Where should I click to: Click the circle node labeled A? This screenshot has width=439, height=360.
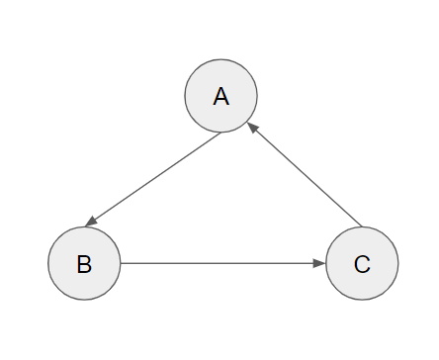[x=221, y=96]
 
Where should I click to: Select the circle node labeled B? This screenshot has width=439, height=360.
[x=84, y=264]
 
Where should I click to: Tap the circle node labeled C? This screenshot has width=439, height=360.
[x=362, y=264]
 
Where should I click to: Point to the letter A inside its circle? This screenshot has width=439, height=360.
[x=221, y=96]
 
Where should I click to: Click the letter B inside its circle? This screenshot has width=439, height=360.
[x=84, y=264]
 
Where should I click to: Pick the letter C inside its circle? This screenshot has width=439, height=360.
[x=362, y=264]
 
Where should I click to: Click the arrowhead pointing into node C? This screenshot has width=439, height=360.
[x=319, y=264]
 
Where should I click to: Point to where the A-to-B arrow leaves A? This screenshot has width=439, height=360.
[x=219, y=134]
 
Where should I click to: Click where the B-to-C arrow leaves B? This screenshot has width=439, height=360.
[x=121, y=264]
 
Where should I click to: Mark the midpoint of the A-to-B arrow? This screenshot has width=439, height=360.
[x=153, y=179]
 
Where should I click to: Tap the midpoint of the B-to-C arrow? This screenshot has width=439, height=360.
[x=222, y=264]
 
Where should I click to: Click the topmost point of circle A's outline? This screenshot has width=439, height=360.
[x=221, y=59]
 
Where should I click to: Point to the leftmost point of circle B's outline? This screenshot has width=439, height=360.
[x=47, y=264]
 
